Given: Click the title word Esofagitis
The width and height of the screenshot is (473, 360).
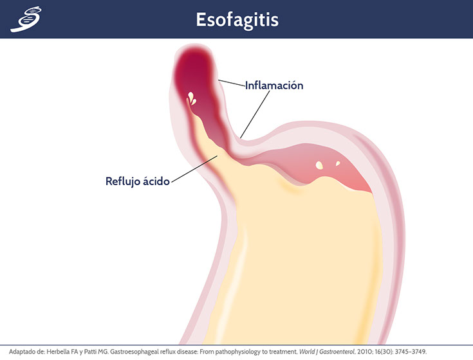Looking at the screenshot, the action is [x=237, y=20].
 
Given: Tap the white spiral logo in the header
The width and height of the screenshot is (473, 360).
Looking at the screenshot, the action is [x=26, y=19].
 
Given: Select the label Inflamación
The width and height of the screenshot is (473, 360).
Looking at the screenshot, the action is [x=274, y=85].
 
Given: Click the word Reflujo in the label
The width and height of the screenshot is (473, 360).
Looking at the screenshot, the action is [x=122, y=182].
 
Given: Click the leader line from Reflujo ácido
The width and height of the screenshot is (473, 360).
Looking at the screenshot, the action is [x=194, y=169].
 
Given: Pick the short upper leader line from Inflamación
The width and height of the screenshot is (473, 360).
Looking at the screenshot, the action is [x=232, y=83].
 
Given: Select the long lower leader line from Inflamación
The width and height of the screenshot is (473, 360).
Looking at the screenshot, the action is [x=255, y=114].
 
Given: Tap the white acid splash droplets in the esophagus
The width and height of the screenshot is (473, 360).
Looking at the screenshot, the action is [x=192, y=98].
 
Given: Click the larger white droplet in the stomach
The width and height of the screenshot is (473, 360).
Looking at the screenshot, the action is [x=319, y=165].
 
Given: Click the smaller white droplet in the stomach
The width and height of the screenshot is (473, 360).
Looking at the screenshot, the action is [x=338, y=163].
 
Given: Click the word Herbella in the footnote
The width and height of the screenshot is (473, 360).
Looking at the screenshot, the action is [x=58, y=352].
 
